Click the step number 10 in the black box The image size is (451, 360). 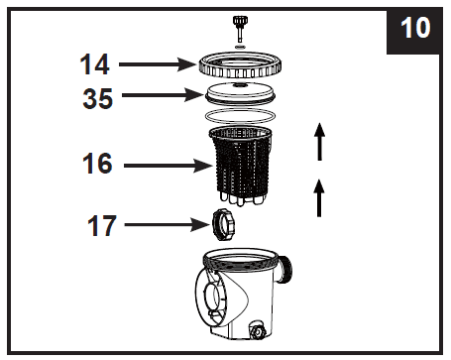pyautogui.click(x=415, y=27)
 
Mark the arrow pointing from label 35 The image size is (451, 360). pyautogui.click(x=159, y=97)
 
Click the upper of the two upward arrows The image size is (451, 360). pyautogui.click(x=318, y=142)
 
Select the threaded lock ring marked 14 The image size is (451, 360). pyautogui.click(x=239, y=66)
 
